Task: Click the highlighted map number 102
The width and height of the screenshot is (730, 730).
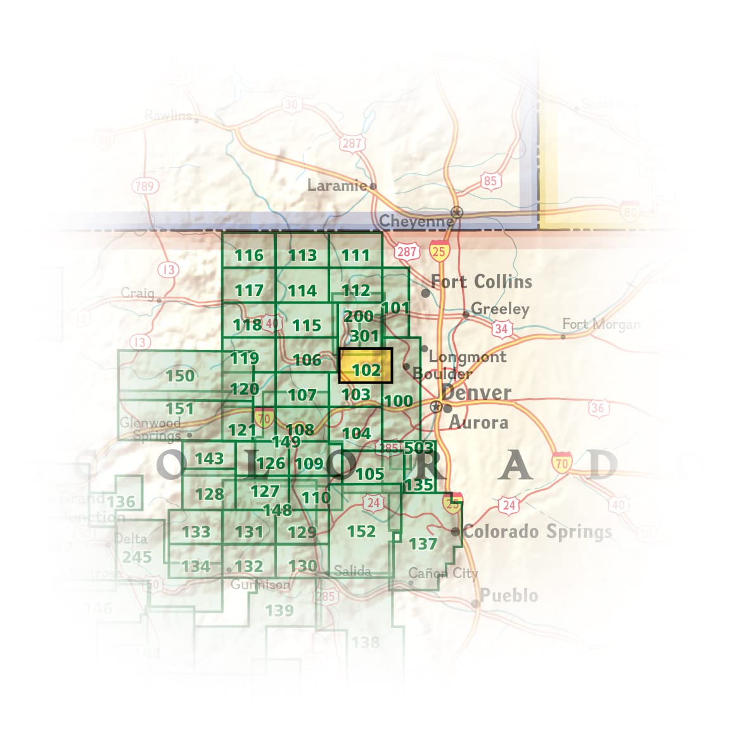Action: pos(366,369)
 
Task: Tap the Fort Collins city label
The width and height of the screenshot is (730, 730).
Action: pos(482,281)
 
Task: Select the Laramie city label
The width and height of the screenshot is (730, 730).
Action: pos(337,185)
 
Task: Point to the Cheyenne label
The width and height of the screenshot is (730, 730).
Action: pos(416,222)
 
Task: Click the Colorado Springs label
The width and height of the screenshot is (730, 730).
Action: pos(537,531)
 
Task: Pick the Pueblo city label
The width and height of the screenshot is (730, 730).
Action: pos(509,596)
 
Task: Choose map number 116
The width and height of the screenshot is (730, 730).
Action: pos(248,255)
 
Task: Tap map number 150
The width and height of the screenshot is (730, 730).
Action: pos(179,375)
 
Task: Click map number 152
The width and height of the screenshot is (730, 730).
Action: pos(361,531)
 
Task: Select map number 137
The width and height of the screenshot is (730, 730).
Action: pos(423,544)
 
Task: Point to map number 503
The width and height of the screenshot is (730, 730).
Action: pos(419,448)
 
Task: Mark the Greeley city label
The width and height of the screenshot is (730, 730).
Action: pos(500,309)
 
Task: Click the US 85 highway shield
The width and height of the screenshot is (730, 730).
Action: pos(490,181)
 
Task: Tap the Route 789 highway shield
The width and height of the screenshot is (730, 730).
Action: pos(144,186)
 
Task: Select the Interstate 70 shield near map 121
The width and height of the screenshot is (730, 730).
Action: pos(264,418)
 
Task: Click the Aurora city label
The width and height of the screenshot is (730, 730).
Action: pos(478,422)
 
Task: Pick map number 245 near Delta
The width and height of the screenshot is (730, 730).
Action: pos(137,557)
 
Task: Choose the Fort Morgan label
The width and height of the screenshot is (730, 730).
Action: pos(601,324)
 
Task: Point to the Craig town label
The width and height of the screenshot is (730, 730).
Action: pos(138,293)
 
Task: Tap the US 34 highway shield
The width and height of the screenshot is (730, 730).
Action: pos(501,328)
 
